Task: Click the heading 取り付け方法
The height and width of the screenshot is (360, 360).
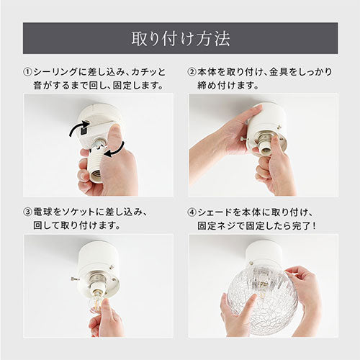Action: [x=181, y=38]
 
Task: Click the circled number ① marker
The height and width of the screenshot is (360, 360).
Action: [x=27, y=72]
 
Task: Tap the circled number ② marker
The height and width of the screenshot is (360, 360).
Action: [x=192, y=72]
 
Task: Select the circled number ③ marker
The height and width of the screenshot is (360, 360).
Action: [x=27, y=212]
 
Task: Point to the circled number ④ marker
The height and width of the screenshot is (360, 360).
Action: [x=192, y=212]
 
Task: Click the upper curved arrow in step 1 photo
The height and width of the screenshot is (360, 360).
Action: [x=77, y=128]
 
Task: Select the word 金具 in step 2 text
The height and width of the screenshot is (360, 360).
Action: [x=279, y=72]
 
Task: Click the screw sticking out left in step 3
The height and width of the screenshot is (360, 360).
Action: [x=75, y=279]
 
